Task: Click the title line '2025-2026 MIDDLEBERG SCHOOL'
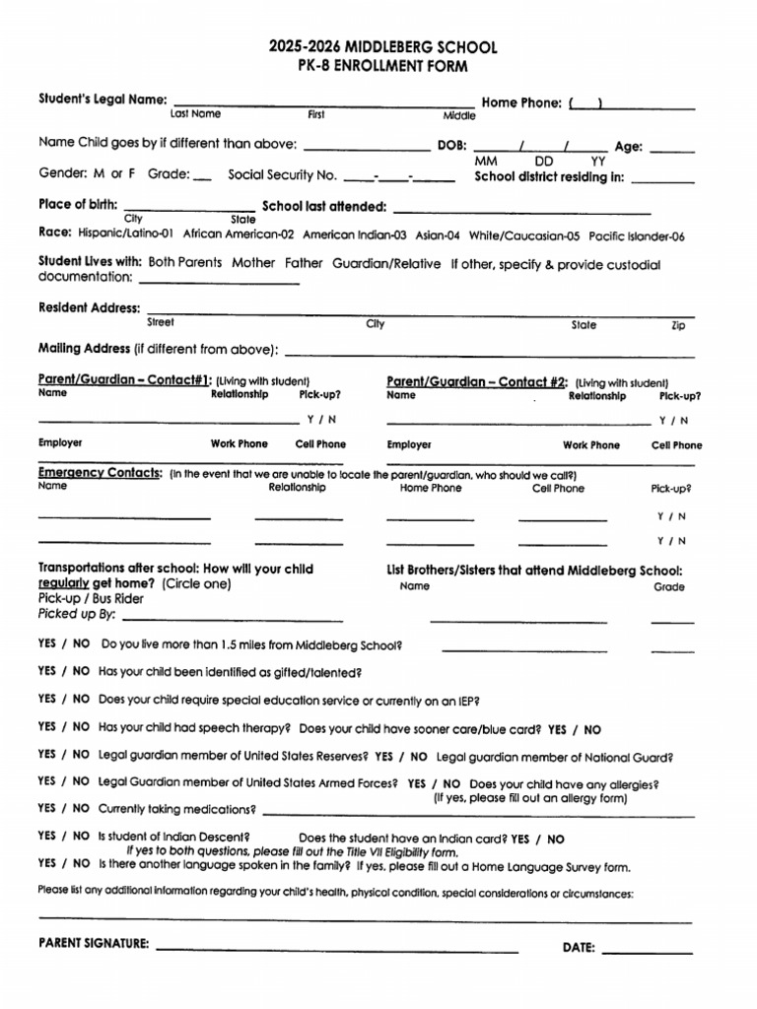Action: [x=383, y=47]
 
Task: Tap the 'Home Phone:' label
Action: [x=521, y=101]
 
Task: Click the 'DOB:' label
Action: [x=452, y=144]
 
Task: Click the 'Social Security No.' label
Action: [x=282, y=174]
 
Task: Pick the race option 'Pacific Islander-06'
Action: [x=636, y=236]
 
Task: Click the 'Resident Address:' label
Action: [x=89, y=307]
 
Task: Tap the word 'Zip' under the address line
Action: [x=677, y=325]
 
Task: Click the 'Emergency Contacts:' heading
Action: [x=100, y=473]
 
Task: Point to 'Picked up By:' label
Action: [x=77, y=614]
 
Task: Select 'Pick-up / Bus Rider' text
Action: [x=91, y=598]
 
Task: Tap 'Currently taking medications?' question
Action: [x=177, y=809]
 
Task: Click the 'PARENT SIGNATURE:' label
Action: [x=94, y=943]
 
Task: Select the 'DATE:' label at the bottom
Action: [x=579, y=948]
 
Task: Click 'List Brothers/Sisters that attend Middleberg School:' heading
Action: [x=534, y=570]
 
